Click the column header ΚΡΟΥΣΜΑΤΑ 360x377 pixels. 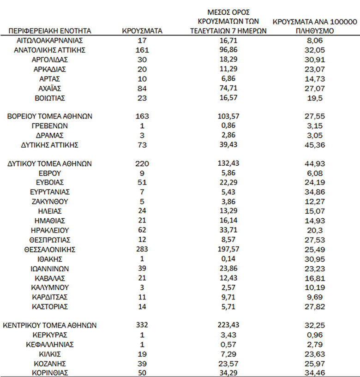(142, 31)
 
